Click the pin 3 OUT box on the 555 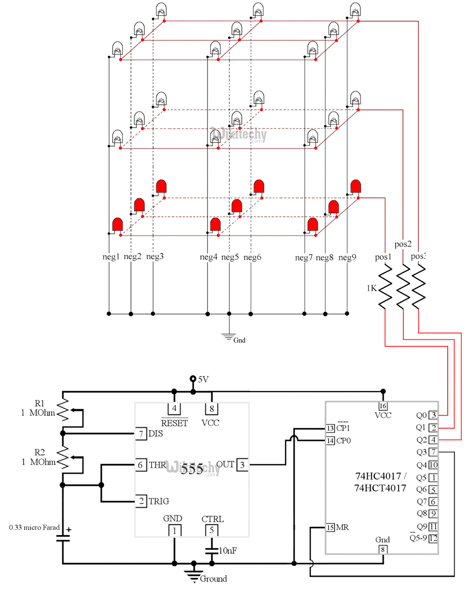[x=242, y=465]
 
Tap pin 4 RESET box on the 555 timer [x=174, y=408]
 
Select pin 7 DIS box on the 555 [x=141, y=433]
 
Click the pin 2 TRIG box [x=141, y=501]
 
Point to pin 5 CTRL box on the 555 [x=211, y=530]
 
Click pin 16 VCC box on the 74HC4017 [x=383, y=406]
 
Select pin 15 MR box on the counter [x=330, y=527]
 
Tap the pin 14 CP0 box [x=330, y=441]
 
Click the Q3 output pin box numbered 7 [x=433, y=452]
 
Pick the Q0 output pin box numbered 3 [x=433, y=415]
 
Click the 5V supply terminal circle [x=193, y=379]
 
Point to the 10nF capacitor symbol [x=212, y=550]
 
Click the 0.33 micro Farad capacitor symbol [x=63, y=538]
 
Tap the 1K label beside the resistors [x=371, y=288]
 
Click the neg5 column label [x=230, y=257]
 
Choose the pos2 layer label [x=403, y=244]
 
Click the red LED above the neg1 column [x=117, y=225]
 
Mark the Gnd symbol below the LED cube [x=229, y=337]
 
